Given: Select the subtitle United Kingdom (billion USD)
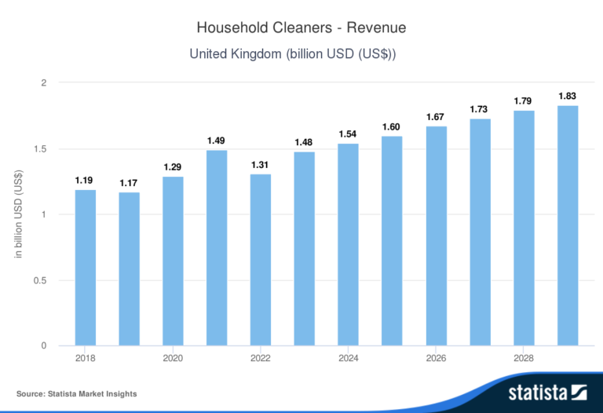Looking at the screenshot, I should [x=301, y=54].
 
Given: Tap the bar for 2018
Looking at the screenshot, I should [x=86, y=267].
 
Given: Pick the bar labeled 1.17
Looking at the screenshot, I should [x=130, y=269].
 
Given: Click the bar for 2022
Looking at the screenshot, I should [x=261, y=259].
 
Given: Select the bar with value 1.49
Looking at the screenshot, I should [x=217, y=247].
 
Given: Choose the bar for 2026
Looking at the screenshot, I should [x=436, y=236].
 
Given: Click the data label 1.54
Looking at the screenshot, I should [x=348, y=134].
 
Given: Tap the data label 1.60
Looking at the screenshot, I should [x=392, y=126].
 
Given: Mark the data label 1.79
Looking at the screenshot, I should [x=524, y=101].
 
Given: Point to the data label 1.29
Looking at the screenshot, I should [x=173, y=167].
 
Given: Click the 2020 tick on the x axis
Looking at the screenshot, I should [x=173, y=358].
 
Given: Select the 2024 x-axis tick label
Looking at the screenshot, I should [x=348, y=358].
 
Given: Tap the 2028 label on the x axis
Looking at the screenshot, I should [x=524, y=358].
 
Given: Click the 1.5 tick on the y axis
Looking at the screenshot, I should [x=40, y=148].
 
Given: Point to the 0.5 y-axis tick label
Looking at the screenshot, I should [x=40, y=280].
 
